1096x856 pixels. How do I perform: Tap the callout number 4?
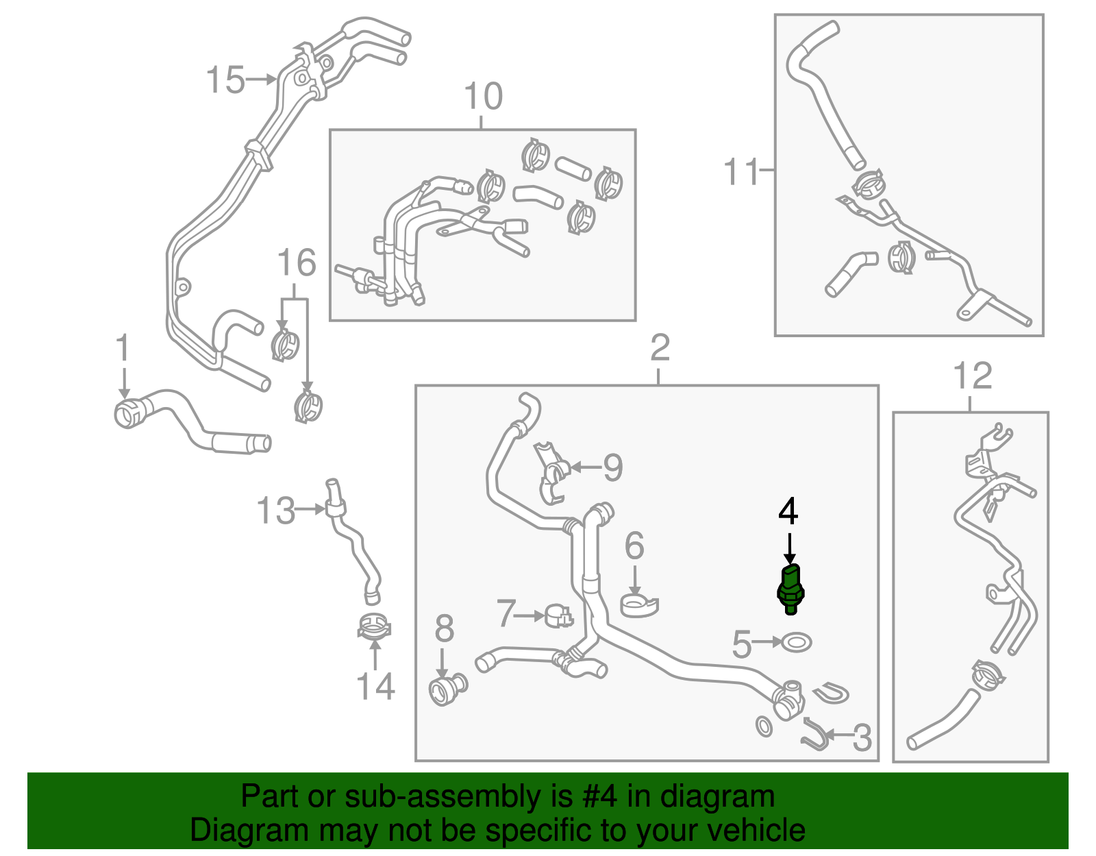[x=788, y=511]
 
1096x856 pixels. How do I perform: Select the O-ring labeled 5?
[x=796, y=643]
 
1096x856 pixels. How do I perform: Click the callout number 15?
[x=225, y=80]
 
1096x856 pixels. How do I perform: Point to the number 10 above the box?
[x=483, y=97]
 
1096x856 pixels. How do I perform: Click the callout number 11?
[x=742, y=171]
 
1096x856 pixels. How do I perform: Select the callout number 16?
[x=296, y=263]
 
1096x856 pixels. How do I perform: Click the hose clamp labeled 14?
[x=374, y=626]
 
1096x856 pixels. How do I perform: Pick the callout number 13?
[x=275, y=511]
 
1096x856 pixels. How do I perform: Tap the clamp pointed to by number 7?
[x=558, y=616]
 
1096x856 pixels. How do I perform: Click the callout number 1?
[x=123, y=348]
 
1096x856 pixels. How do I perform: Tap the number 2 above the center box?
[x=660, y=348]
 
